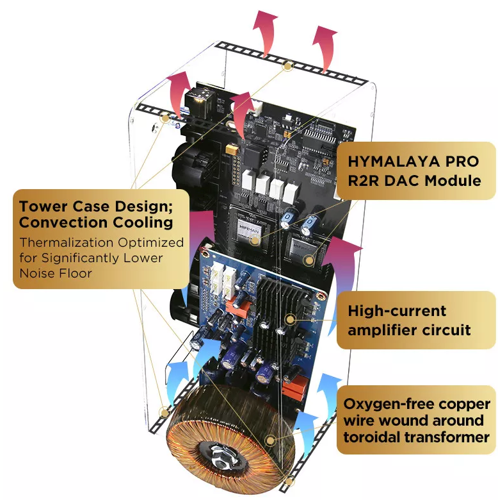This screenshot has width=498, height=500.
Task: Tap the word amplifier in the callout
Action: pyautogui.click(x=383, y=330)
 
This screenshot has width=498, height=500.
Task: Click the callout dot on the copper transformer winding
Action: pyautogui.click(x=271, y=440)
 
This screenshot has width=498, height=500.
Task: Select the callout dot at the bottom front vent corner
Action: pyautogui.click(x=289, y=481)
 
